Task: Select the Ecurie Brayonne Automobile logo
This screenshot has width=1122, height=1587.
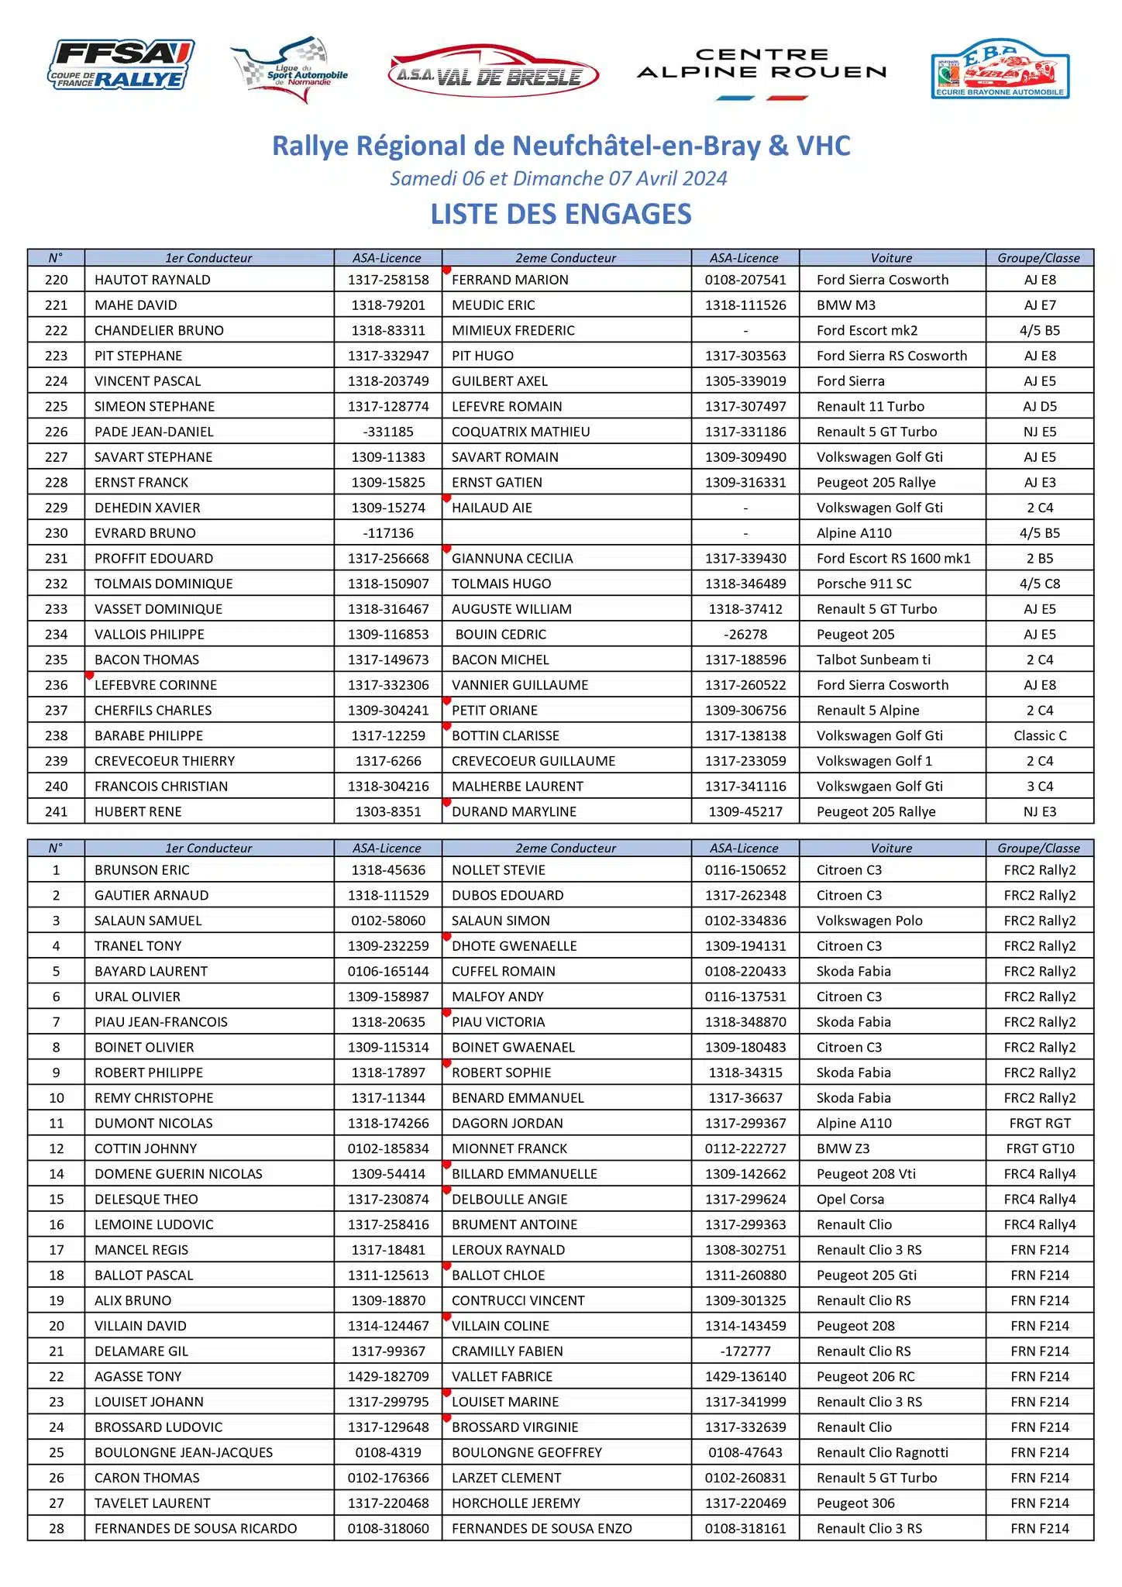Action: [x=1000, y=70]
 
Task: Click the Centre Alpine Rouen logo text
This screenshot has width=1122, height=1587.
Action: [x=762, y=64]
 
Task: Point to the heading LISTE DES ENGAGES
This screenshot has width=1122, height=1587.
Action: [x=561, y=215]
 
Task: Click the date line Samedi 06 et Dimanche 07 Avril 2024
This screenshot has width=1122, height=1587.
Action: [x=559, y=179]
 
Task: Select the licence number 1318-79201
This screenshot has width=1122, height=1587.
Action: [x=388, y=305]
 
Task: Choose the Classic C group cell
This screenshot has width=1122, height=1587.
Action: [x=1040, y=735]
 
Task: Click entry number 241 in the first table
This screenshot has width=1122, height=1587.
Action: [x=57, y=811]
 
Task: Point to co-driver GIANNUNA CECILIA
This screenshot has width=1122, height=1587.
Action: [x=512, y=559]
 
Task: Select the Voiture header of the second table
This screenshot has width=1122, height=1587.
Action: [x=891, y=848]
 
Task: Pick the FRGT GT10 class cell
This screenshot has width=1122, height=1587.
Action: [x=1040, y=1148]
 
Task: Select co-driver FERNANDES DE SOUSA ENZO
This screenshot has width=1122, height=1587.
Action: [x=542, y=1528]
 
